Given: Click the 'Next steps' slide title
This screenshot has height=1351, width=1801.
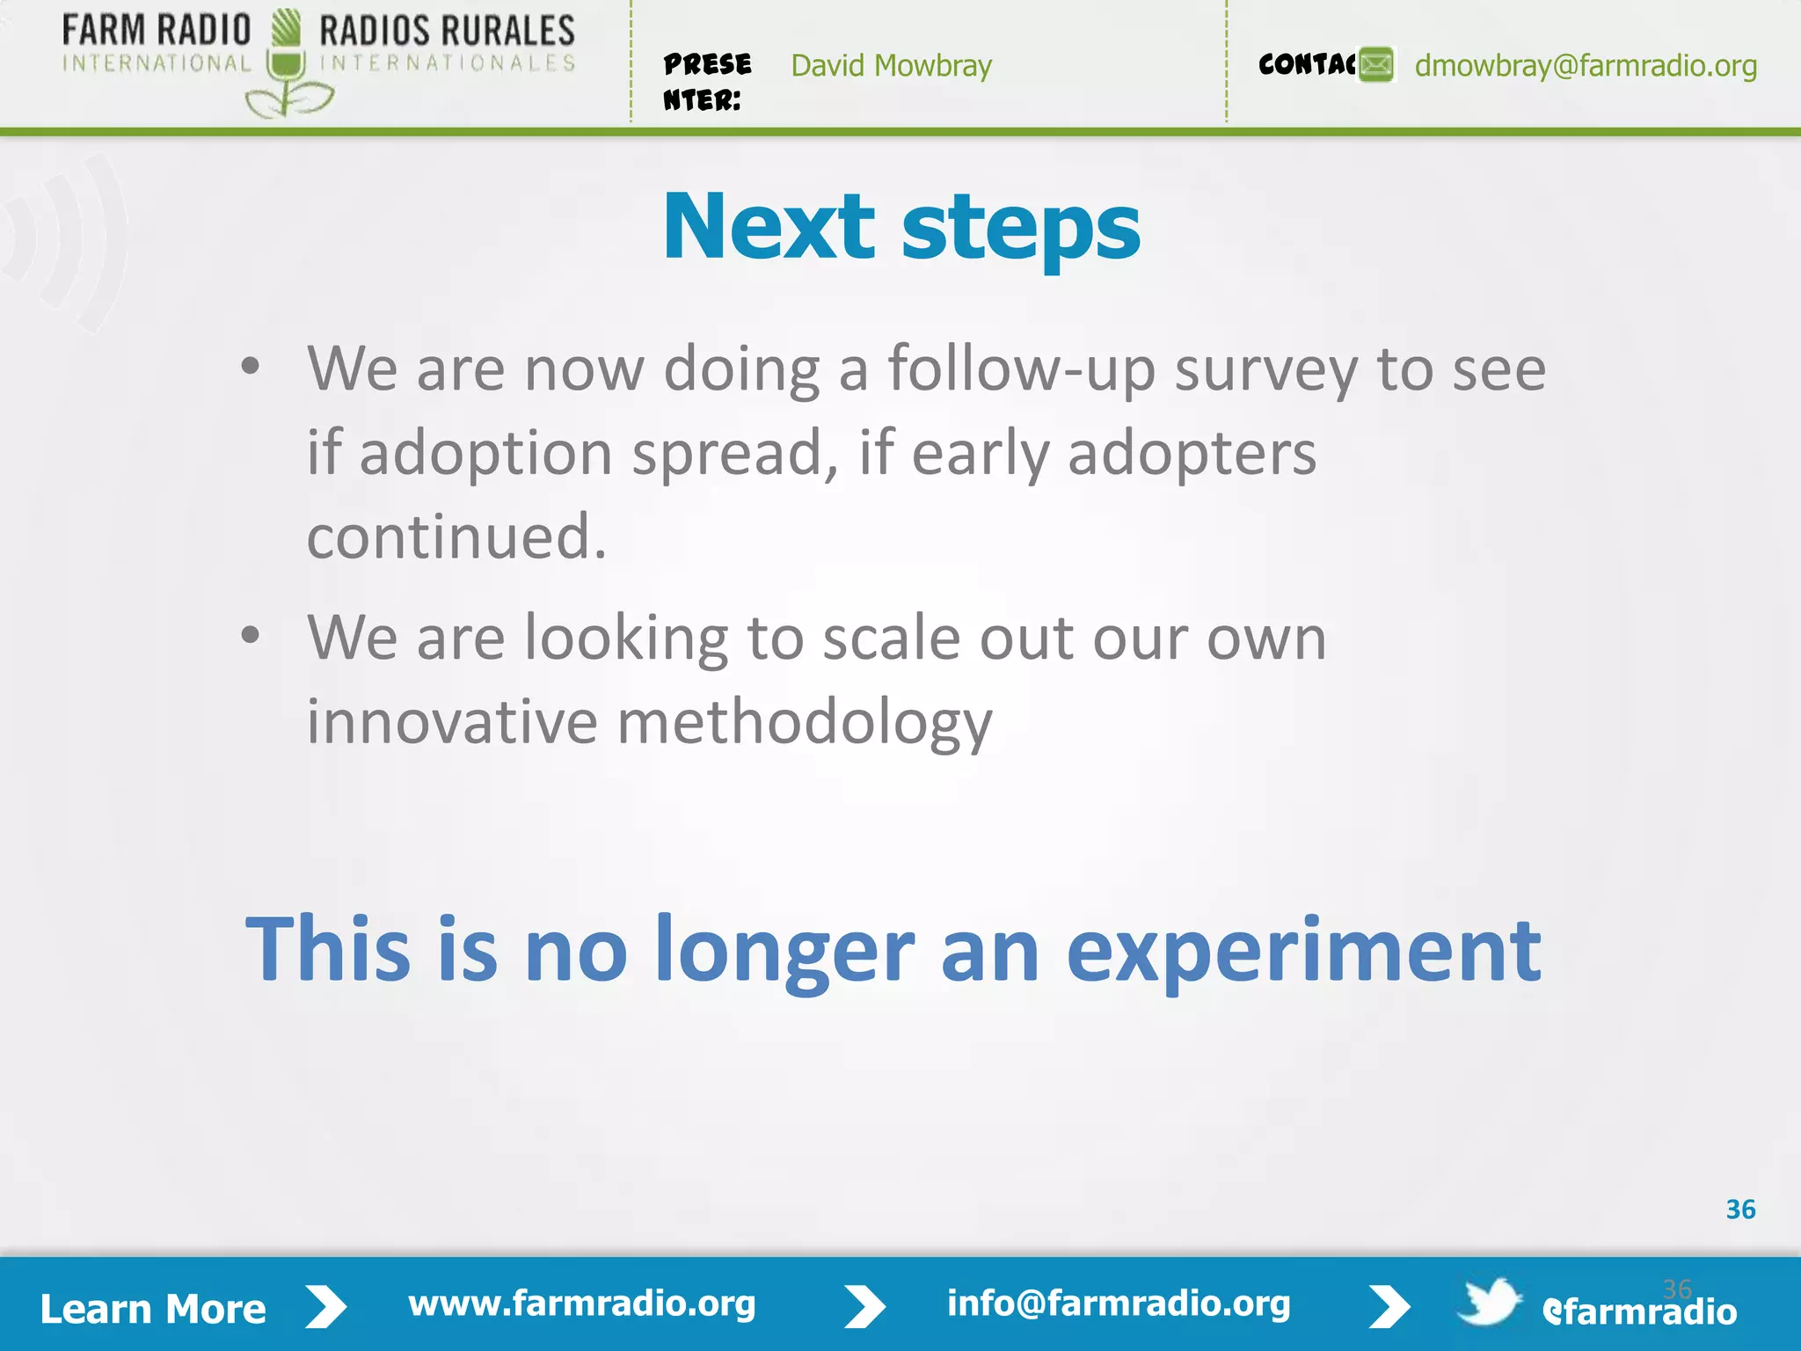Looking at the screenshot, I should pos(900,229).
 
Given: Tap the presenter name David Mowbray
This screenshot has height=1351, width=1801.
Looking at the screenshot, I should pos(891,66).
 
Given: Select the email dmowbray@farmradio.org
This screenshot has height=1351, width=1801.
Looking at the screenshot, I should pos(1586,66).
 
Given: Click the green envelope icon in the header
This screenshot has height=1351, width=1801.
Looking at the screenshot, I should pos(1376,65).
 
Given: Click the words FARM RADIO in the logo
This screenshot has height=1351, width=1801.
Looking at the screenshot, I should pos(157,31).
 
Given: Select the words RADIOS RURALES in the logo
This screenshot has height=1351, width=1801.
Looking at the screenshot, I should pos(447,31).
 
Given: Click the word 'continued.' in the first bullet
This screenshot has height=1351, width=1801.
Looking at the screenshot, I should pos(456,537).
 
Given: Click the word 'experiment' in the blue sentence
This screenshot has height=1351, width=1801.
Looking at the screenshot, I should pos(1303,952).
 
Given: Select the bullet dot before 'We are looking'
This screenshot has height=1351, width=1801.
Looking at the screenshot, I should pos(251,635).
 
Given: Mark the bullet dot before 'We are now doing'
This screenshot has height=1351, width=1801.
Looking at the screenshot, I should pos(251,367).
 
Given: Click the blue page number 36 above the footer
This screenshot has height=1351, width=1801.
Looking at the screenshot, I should pos(1740,1209).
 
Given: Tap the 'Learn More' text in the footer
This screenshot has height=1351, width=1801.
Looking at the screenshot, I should pos(153,1309).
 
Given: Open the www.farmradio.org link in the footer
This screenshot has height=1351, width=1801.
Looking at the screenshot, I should pos(582,1304).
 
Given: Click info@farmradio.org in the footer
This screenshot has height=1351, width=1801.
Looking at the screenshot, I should pos(1119,1304).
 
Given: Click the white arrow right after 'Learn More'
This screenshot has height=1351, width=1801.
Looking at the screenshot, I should pos(326,1307).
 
